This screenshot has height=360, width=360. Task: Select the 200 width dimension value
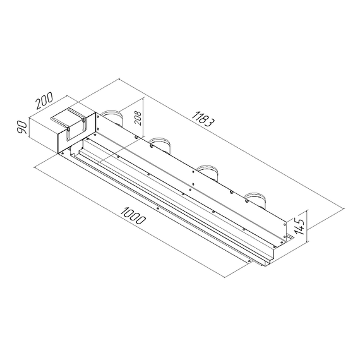coord(44,102)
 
